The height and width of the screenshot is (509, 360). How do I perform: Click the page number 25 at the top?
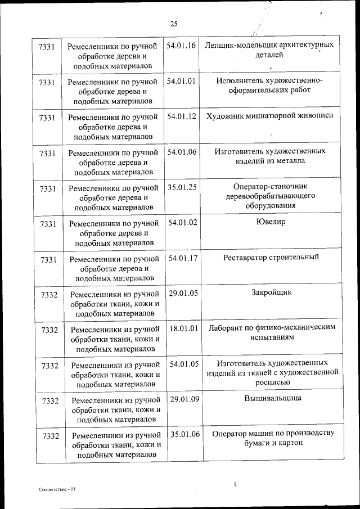pyautogui.click(x=174, y=24)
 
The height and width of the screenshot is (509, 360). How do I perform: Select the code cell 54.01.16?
pyautogui.click(x=181, y=45)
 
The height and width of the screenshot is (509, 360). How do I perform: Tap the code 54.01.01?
pyautogui.click(x=181, y=81)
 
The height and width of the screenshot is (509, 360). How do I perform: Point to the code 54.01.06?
pyautogui.click(x=181, y=152)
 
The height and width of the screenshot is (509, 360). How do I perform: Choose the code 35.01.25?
pyautogui.click(x=181, y=187)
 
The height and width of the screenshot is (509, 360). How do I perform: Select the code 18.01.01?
pyautogui.click(x=184, y=328)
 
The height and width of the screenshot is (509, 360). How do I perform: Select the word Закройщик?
pyautogui.click(x=272, y=292)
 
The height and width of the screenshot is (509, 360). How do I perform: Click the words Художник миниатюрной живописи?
pyautogui.click(x=270, y=115)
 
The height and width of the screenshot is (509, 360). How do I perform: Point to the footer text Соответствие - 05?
pyautogui.click(x=57, y=490)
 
